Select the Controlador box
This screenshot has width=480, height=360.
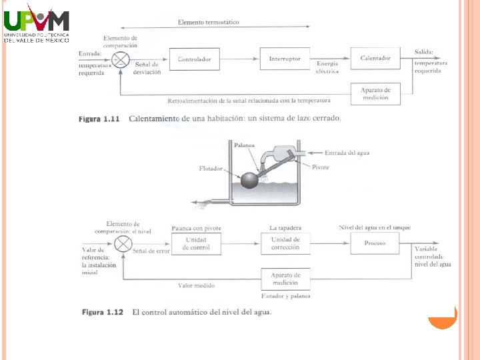pos(194,59)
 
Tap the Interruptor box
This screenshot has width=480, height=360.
pos(285,59)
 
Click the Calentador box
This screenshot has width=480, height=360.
pos(375,59)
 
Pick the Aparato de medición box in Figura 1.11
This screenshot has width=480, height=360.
pos(375,93)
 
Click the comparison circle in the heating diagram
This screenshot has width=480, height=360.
pos(121,59)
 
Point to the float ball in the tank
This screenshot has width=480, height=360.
pos(249,180)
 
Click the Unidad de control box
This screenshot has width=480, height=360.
pos(196,244)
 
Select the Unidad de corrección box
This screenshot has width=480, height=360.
pos(285,243)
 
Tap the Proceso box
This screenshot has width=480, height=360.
pos(375,243)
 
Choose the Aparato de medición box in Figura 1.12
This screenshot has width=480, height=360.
pos(285,279)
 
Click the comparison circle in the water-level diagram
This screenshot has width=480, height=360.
pos(123,244)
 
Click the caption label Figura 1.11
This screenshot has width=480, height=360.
pos(99,119)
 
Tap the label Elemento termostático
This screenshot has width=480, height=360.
pos(208,22)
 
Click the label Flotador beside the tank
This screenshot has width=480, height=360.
pos(211,169)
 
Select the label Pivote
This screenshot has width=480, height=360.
pos(321,167)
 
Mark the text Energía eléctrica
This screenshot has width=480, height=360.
pos(327,67)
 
